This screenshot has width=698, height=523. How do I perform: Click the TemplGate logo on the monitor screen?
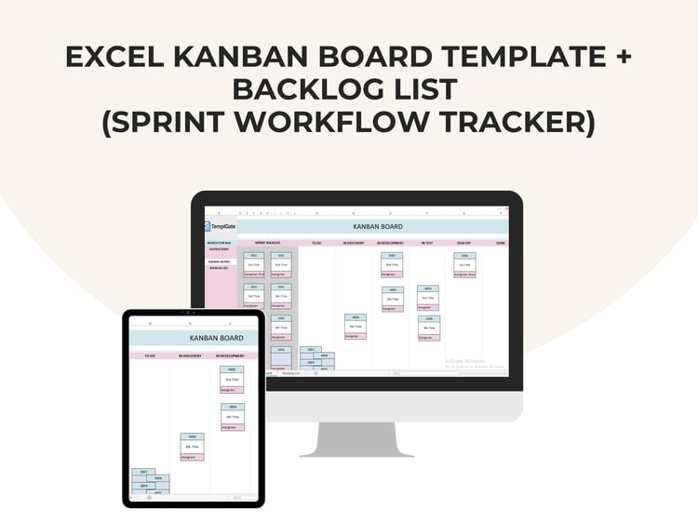point(220,225)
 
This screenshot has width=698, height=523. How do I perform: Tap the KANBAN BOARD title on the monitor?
point(377,226)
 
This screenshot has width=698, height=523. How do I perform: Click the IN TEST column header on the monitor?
point(427,243)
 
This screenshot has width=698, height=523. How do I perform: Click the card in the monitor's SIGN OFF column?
point(464,265)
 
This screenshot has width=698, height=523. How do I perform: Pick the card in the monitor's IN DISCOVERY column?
point(355,327)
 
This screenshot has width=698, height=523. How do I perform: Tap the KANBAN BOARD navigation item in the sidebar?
point(219,261)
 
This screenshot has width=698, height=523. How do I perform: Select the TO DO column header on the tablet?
point(149,355)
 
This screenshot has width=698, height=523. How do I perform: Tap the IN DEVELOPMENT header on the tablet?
point(230,355)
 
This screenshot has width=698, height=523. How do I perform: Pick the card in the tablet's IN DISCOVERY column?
point(192,447)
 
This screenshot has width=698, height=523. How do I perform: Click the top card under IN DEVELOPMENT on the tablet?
point(232,380)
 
